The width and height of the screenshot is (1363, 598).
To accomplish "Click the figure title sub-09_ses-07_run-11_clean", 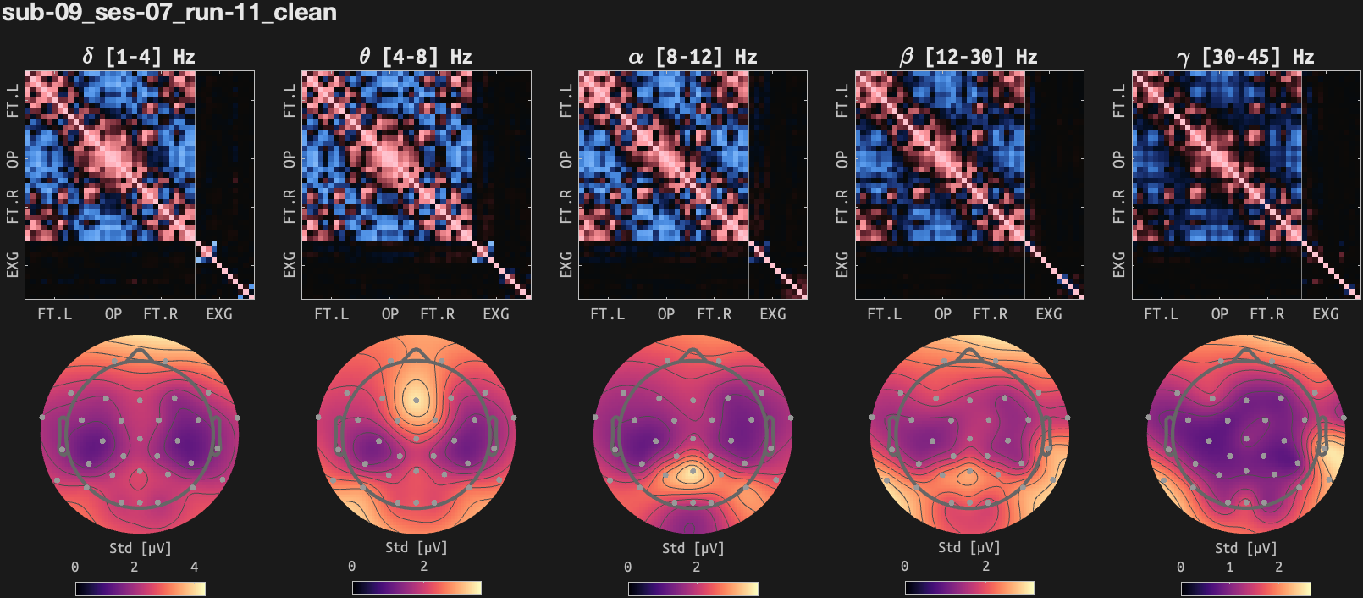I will coord(169,13).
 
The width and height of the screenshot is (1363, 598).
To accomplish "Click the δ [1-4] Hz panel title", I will coord(139,57).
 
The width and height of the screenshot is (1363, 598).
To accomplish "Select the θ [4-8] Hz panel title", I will coord(415,57).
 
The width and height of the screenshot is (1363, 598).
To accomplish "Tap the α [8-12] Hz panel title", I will coord(692,57).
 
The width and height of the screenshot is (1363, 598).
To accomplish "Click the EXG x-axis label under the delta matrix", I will coord(219,314).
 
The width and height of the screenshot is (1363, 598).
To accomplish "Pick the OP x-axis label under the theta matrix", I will coord(390,314).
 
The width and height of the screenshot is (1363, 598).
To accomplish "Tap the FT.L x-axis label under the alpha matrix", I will coord(607,314).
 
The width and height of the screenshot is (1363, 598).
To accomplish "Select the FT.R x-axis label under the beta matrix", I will coord(990,314).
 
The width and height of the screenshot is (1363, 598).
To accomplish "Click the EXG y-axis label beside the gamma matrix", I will coord(1119,264).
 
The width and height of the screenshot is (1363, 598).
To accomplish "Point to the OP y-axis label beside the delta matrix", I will coord(13,159).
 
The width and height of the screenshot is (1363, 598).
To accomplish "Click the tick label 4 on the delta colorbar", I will coord(195,567).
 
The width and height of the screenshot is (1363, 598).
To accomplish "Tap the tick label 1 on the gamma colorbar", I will coord(1230,567).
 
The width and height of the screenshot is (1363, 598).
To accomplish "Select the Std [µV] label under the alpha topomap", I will coord(693,548).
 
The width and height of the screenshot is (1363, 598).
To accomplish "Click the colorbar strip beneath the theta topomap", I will coord(417,588).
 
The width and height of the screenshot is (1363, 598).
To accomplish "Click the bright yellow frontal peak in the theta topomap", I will coord(416,398).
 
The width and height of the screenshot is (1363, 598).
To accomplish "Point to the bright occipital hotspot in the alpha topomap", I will coord(692,473).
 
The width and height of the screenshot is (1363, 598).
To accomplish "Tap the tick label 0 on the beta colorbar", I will coord(904,567).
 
